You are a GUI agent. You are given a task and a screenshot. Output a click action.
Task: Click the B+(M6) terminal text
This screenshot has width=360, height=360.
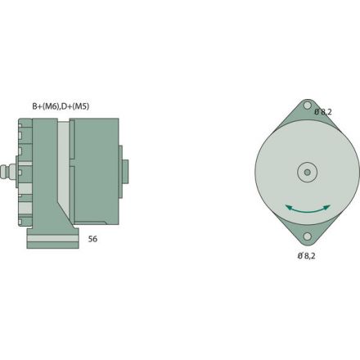pyautogui.click(x=46, y=106)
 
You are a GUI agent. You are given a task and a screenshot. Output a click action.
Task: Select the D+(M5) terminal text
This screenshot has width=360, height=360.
pyautogui.click(x=75, y=106)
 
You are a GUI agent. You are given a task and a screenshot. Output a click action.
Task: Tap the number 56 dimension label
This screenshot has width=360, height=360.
pyautogui.click(x=93, y=241)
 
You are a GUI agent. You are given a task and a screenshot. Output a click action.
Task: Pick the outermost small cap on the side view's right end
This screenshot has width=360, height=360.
pyautogui.click(x=125, y=171)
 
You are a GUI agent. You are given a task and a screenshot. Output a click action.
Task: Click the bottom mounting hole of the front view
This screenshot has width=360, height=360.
pyautogui.click(x=307, y=237)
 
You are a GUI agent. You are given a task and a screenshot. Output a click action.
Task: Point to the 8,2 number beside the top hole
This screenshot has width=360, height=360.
pyautogui.click(x=327, y=112)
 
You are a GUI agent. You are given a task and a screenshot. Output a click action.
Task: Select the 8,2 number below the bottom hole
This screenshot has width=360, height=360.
pyautogui.click(x=309, y=257)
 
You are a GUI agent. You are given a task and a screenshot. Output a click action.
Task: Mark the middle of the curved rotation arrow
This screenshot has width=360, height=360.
pyautogui.click(x=307, y=214)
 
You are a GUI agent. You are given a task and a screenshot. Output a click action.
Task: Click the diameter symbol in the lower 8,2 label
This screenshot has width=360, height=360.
pyautogui.click(x=299, y=256)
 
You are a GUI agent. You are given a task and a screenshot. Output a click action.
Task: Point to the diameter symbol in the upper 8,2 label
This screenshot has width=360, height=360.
pyautogui.click(x=317, y=111)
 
